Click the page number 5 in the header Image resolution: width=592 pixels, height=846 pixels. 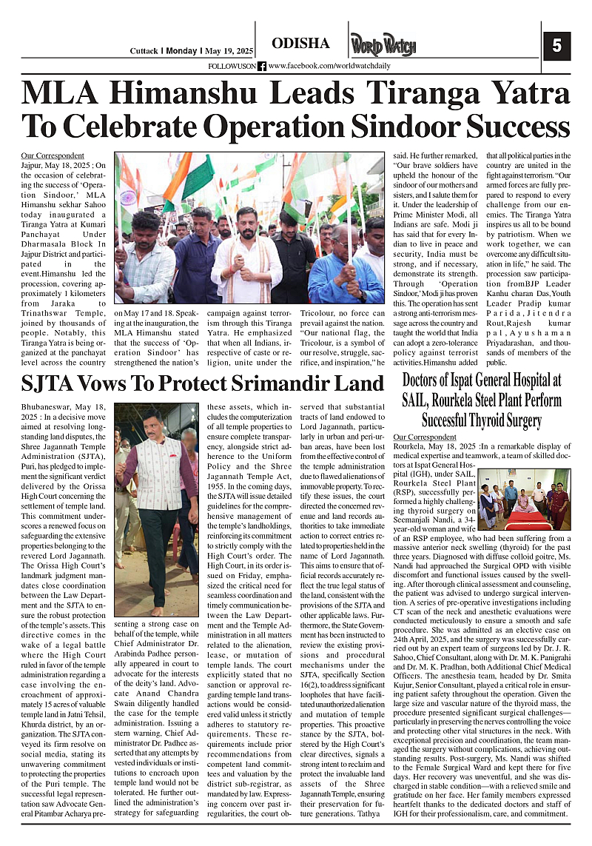tap(556, 44)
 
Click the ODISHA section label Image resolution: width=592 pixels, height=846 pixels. tap(300, 44)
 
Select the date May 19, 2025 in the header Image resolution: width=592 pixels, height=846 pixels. tap(229, 51)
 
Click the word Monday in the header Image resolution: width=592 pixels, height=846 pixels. tap(181, 51)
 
